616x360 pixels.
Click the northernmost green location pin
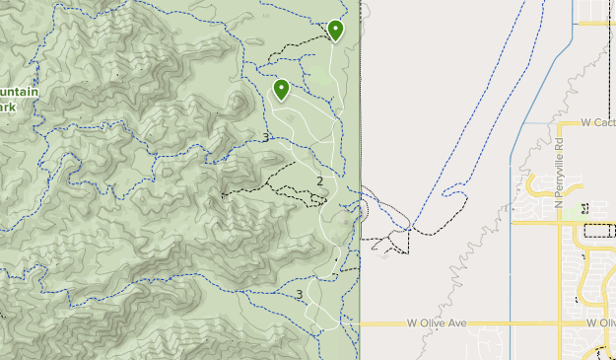335,31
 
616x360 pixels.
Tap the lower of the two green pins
281,90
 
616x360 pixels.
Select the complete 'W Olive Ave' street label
436,323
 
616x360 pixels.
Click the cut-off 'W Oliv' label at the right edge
599,323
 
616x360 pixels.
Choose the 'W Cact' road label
597,123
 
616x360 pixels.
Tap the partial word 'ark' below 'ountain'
8,108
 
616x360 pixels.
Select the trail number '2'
319,181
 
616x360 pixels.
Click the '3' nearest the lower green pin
266,137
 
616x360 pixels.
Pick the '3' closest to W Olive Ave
299,294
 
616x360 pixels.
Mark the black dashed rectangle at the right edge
599,231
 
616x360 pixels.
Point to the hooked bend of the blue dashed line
451,190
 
